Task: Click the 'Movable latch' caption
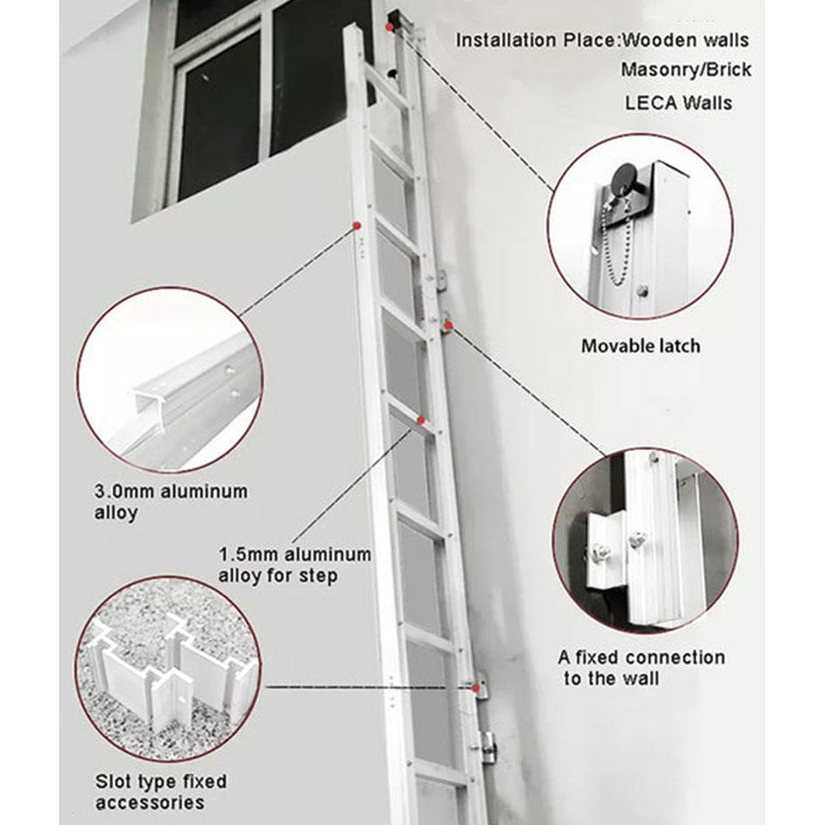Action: pos(640,346)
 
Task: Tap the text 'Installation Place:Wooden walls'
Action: pos(602,40)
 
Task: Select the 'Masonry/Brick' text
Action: pos(686,70)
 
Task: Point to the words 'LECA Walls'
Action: pos(678,102)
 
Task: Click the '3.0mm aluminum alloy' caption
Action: pos(170,501)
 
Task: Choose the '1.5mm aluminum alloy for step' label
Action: pos(295,565)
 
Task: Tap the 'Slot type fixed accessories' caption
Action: pos(161,791)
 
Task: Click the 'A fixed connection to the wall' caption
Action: pos(641,668)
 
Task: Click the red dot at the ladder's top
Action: pos(389,26)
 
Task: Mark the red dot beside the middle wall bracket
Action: pos(448,326)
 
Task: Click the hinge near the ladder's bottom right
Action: pos(486,746)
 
